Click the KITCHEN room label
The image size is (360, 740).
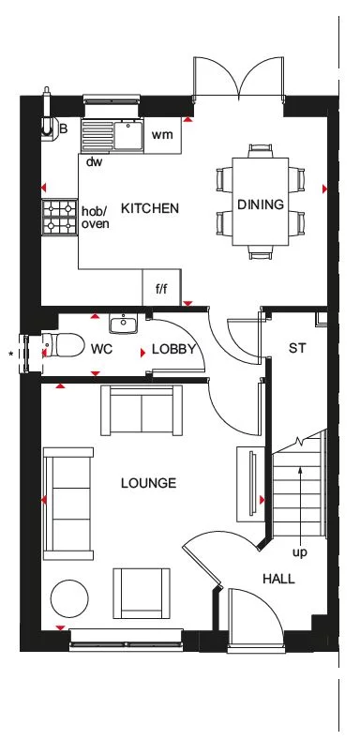(x=150, y=208)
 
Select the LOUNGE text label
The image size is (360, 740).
(x=148, y=483)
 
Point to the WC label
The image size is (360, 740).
(x=102, y=349)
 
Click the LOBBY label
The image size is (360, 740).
(x=173, y=349)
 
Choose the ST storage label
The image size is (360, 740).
(x=297, y=348)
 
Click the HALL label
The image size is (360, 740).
(x=278, y=579)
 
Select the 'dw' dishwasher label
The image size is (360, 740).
(x=94, y=162)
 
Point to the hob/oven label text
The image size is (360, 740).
(x=96, y=217)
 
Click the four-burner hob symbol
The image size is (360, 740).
(x=59, y=218)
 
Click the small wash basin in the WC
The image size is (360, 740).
(x=123, y=325)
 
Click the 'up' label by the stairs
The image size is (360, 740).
(x=299, y=552)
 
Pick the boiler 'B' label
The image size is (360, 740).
(x=64, y=128)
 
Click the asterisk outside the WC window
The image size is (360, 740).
(x=11, y=354)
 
